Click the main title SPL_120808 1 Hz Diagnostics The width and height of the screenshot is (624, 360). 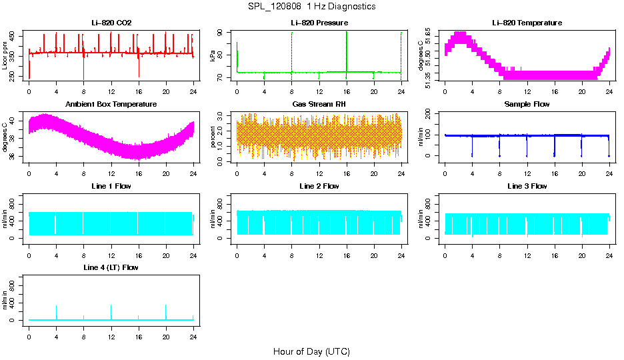click(311, 7)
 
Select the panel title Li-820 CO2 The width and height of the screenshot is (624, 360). click(111, 23)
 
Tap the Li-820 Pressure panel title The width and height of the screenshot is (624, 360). click(319, 23)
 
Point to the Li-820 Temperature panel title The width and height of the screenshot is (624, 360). click(527, 23)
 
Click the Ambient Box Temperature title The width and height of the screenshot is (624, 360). click(111, 105)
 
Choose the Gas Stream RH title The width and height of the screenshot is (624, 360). click(319, 105)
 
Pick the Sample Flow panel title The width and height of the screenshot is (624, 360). click(527, 105)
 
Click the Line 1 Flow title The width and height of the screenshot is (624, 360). click(111, 186)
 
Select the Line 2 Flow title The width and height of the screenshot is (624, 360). click(319, 186)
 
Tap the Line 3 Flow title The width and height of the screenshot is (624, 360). click(527, 186)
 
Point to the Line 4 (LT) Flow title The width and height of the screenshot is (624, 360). click(111, 267)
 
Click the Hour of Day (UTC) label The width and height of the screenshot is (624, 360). click(311, 351)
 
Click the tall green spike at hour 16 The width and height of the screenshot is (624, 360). click(347, 50)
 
